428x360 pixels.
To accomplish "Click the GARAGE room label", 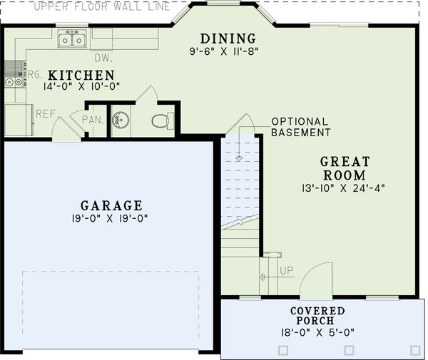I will tap(111, 205).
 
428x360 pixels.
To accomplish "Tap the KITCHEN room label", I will tap(81, 75).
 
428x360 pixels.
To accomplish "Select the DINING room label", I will tap(228, 38).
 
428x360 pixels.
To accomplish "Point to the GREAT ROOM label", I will tap(343, 168).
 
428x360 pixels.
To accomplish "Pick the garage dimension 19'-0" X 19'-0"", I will tap(111, 218).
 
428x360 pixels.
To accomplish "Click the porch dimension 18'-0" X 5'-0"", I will tap(317, 332).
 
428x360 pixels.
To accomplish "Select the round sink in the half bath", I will tap(121, 120).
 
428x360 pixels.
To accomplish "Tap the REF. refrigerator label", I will tap(46, 113).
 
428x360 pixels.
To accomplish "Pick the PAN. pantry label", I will tap(92, 120).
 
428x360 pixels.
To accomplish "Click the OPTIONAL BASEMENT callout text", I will tap(300, 127).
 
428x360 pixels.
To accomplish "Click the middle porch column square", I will tap(350, 351).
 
